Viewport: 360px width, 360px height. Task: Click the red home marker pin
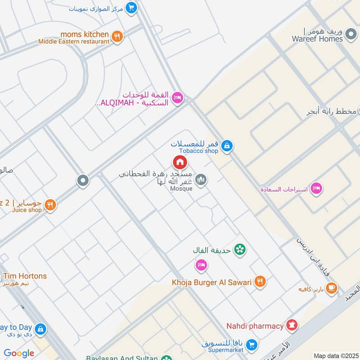pos(180,162)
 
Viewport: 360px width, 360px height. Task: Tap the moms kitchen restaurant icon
pos(117,36)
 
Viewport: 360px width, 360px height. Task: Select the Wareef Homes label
pos(320,39)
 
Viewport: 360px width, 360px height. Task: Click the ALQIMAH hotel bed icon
pos(178,99)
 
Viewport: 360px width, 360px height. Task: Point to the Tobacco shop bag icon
pos(228,146)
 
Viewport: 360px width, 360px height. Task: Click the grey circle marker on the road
pos(83,181)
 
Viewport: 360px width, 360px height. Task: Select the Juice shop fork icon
pos(50,205)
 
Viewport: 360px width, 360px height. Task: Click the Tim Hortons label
pos(25,276)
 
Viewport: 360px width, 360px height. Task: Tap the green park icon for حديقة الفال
pos(240,249)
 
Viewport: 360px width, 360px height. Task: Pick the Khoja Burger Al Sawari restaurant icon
pos(260,282)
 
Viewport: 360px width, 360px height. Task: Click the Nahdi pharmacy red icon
pos(292,325)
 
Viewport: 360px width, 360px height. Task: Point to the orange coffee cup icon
pos(332,287)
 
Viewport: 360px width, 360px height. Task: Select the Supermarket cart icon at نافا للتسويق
pos(252,345)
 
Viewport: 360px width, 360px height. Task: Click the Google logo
pos(19,353)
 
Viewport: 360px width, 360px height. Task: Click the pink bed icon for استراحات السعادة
pos(317,188)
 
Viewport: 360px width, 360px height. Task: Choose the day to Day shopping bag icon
pos(40,329)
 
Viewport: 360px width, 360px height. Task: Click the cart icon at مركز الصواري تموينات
pos(131,8)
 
